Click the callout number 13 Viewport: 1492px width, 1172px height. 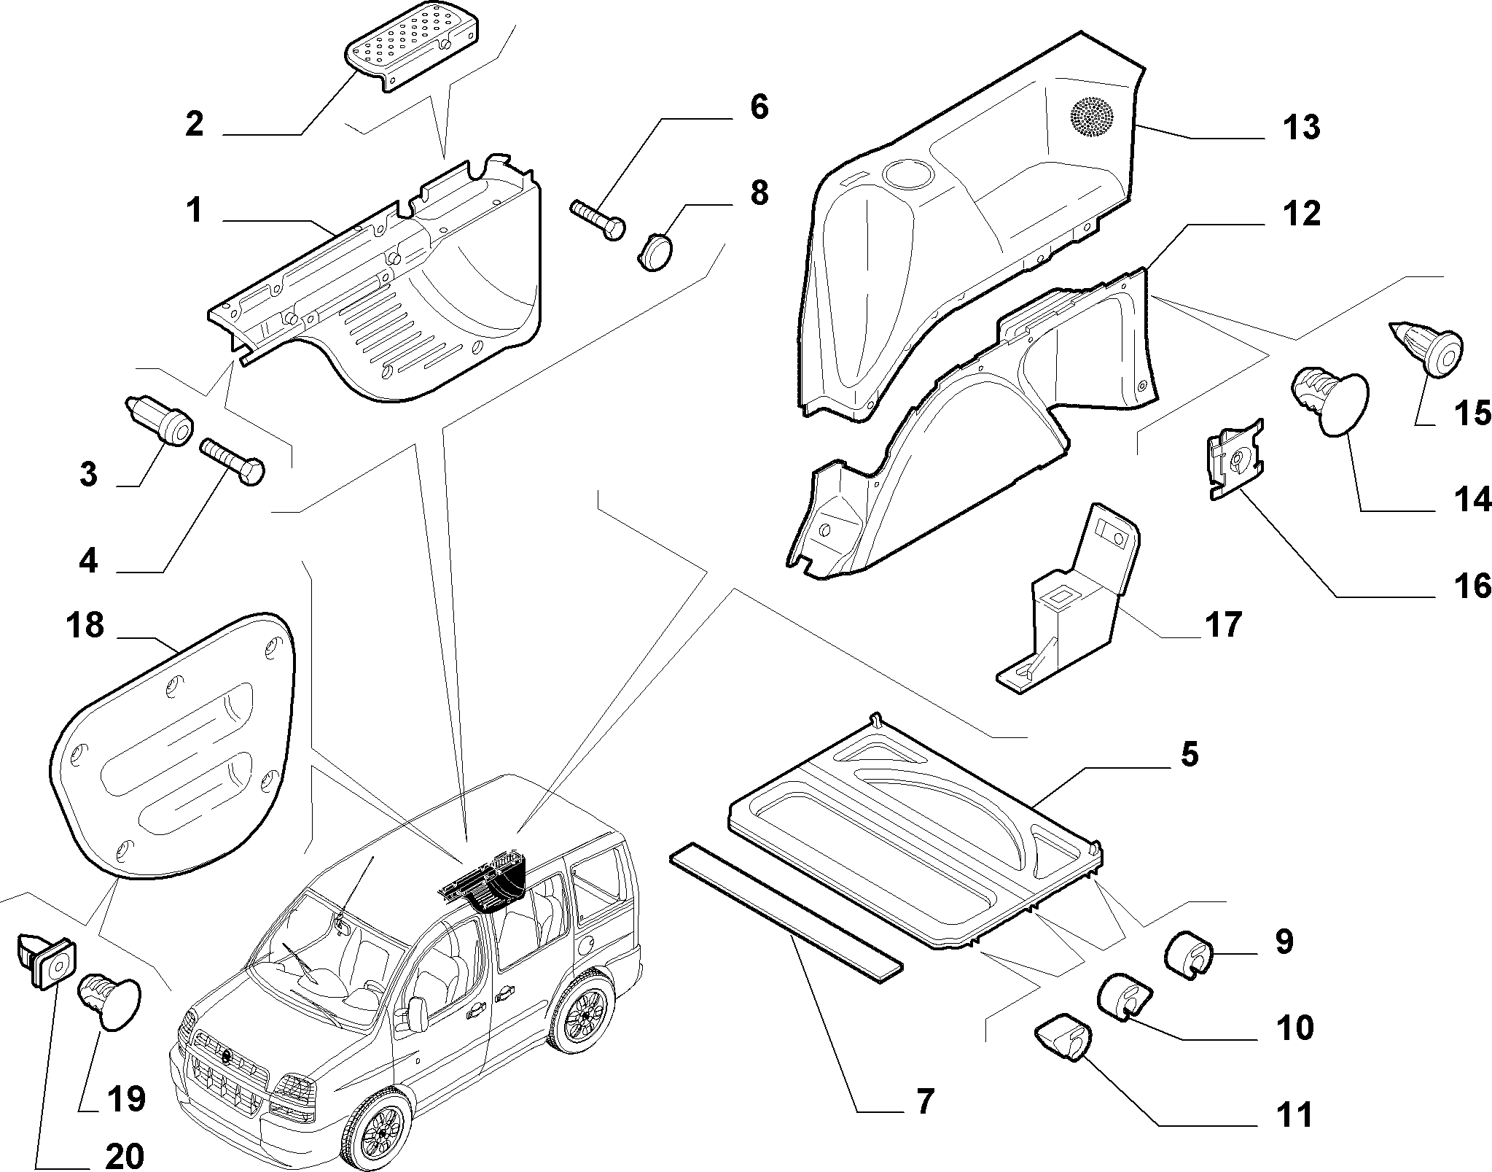coord(1301,127)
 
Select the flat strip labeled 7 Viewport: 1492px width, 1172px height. coord(786,912)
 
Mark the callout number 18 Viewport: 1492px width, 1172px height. coord(85,625)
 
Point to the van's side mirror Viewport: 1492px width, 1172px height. coord(417,1013)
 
